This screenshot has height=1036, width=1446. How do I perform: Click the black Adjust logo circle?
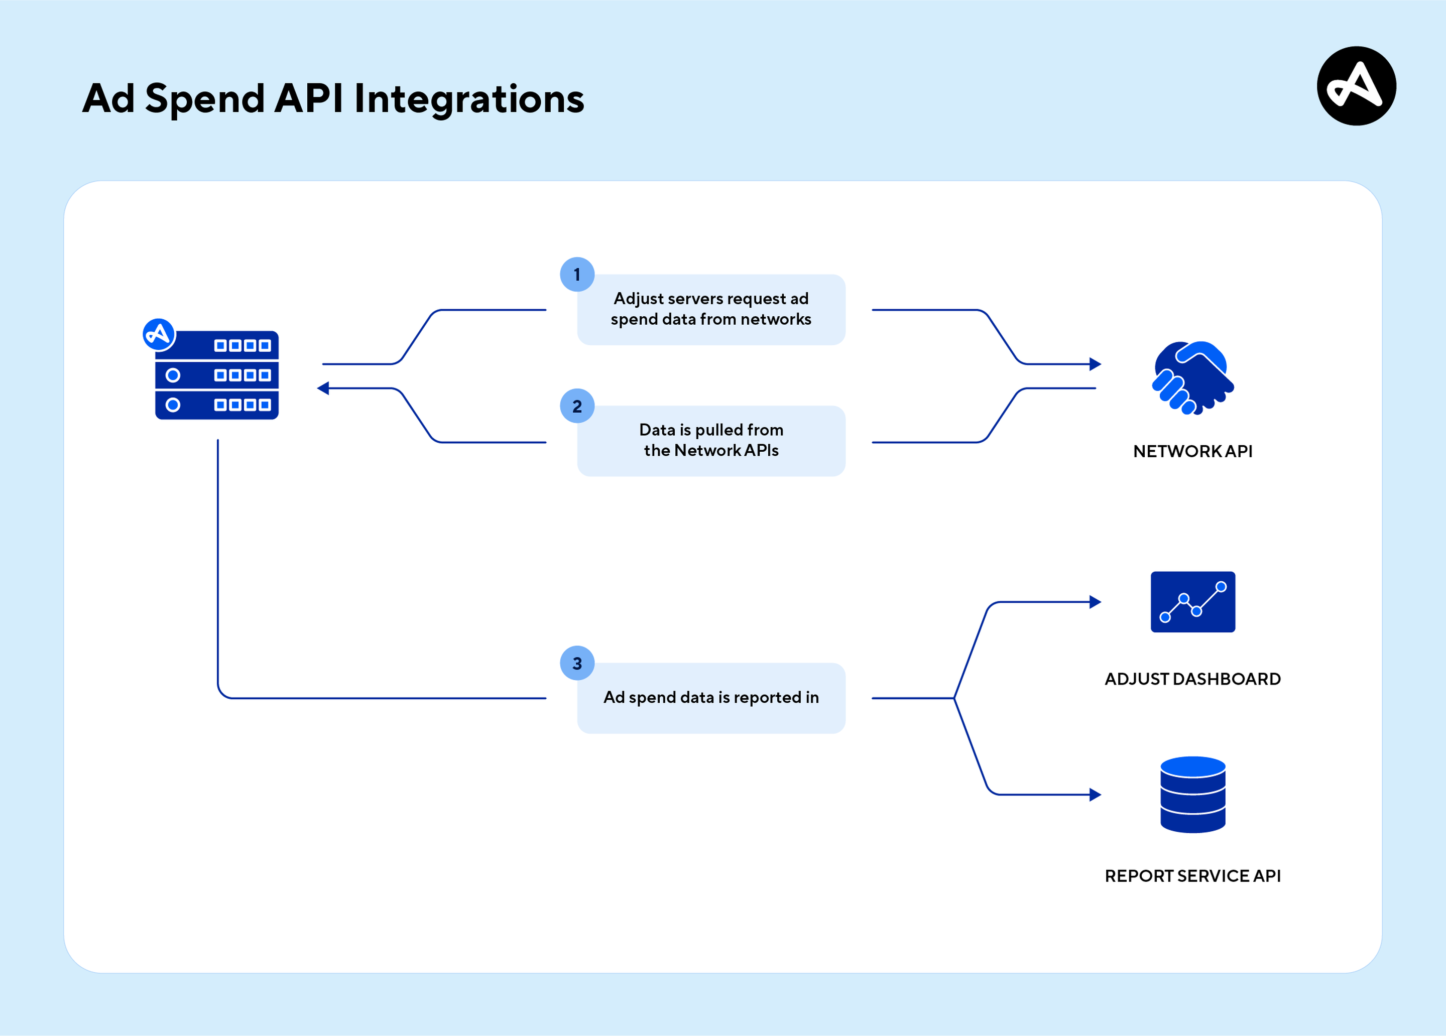(1356, 86)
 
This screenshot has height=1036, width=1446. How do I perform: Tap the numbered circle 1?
(577, 275)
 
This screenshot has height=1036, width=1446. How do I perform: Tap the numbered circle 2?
(577, 406)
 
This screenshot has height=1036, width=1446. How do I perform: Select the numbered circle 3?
(577, 664)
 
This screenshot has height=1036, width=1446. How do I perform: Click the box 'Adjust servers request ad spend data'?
(711, 310)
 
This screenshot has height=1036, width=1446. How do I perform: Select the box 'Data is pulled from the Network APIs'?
(711, 441)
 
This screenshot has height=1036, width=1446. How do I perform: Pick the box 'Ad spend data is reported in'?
(711, 698)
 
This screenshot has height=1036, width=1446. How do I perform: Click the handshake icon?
(1192, 377)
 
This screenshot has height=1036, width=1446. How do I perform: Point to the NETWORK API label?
(1192, 451)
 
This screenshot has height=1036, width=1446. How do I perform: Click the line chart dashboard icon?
(1192, 602)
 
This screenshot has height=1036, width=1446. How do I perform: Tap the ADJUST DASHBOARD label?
(1192, 679)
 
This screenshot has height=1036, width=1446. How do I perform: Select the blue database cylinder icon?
(1192, 795)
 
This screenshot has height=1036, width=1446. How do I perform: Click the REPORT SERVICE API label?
(1192, 876)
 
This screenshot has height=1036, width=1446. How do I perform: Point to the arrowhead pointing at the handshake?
(1096, 364)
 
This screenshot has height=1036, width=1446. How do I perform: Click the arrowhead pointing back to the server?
(323, 388)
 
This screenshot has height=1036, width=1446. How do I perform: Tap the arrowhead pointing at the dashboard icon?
(1096, 602)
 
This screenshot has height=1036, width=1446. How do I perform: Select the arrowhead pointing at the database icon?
(1096, 795)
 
